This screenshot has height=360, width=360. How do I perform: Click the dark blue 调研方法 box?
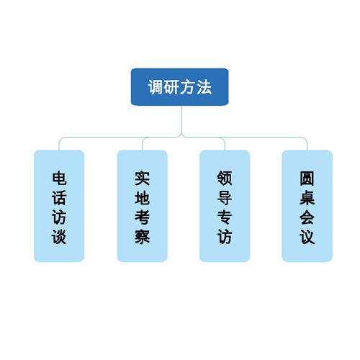click(x=179, y=87)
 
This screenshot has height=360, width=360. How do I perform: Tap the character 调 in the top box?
click(x=156, y=87)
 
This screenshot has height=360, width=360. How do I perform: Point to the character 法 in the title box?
click(x=204, y=87)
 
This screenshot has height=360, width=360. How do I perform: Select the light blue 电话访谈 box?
click(x=59, y=206)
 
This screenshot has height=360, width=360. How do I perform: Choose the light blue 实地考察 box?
click(x=142, y=206)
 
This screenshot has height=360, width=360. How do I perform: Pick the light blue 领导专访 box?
click(x=225, y=206)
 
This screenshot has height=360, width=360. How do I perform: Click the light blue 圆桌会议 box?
click(x=307, y=206)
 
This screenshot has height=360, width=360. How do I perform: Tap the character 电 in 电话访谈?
click(x=59, y=179)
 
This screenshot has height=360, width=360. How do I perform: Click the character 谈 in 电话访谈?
click(x=59, y=237)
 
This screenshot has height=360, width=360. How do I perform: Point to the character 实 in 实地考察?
click(x=142, y=179)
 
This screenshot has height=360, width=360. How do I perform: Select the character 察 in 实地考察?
click(x=142, y=237)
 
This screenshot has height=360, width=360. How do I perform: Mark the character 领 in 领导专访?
click(x=225, y=179)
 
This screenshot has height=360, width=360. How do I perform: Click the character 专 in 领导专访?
click(x=225, y=217)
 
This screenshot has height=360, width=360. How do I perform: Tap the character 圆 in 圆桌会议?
click(x=307, y=179)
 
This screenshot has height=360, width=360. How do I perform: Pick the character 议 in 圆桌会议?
click(x=307, y=237)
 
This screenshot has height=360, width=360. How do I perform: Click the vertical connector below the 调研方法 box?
click(x=181, y=120)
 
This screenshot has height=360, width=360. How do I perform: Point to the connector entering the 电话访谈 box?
click(x=59, y=143)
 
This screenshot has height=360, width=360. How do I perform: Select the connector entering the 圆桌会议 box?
click(x=307, y=143)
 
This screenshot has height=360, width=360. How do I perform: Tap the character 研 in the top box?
click(x=171, y=87)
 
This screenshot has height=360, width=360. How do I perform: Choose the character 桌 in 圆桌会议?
click(x=307, y=198)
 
